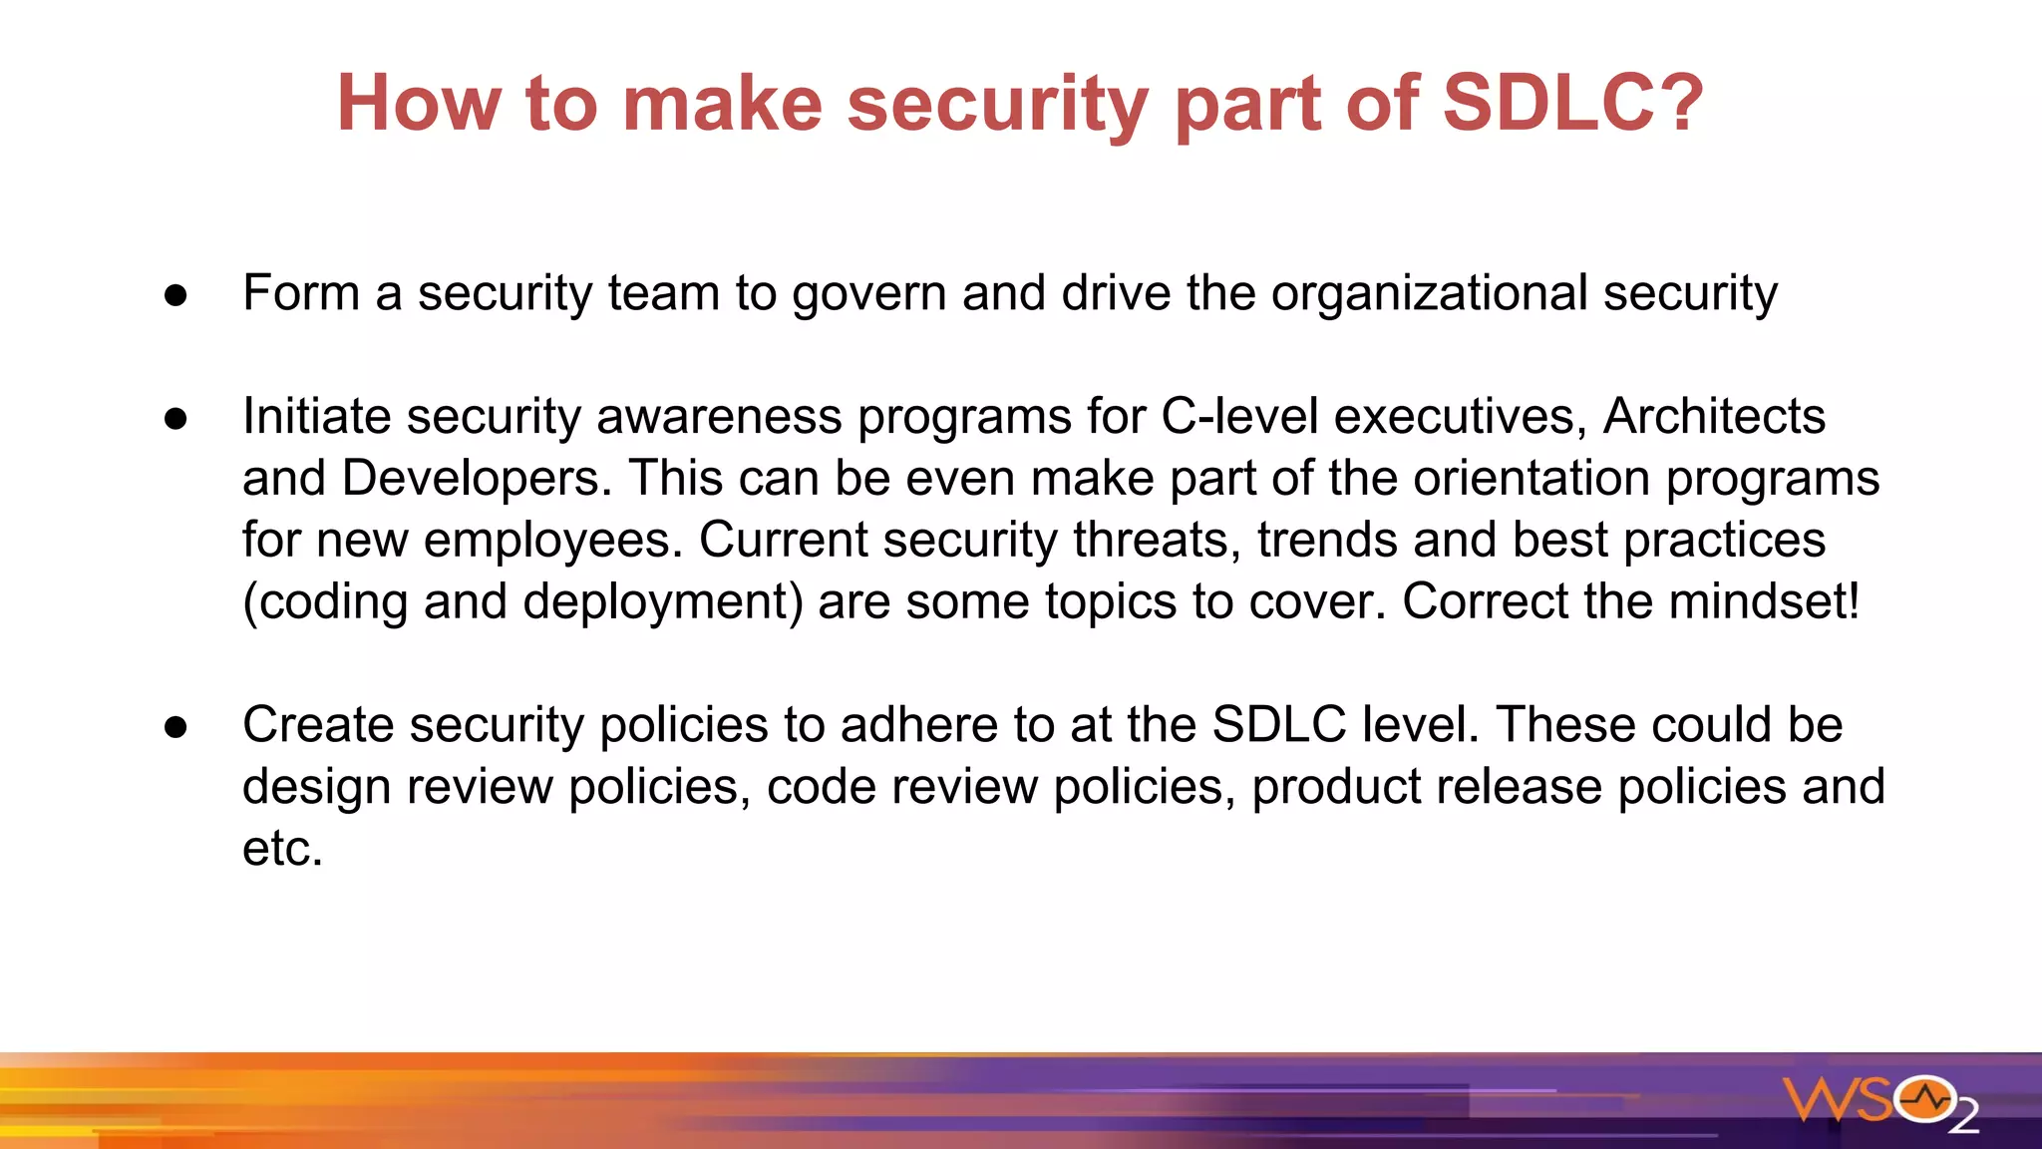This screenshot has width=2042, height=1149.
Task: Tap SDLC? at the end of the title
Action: [x=1572, y=103]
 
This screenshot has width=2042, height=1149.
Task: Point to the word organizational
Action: [x=1429, y=293]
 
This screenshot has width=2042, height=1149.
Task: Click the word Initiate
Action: [x=313, y=416]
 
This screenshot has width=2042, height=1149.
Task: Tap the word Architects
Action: [x=1714, y=416]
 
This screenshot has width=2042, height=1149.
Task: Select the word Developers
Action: [x=477, y=479]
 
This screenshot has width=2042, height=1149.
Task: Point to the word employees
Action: [x=553, y=541]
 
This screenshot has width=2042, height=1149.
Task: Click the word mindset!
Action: [x=1764, y=601]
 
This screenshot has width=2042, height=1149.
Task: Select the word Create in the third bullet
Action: [x=316, y=725]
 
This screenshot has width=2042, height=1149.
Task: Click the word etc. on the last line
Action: [x=282, y=849]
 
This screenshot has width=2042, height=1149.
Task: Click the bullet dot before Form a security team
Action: [x=176, y=295]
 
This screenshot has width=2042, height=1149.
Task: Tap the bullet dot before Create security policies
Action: [x=176, y=727]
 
